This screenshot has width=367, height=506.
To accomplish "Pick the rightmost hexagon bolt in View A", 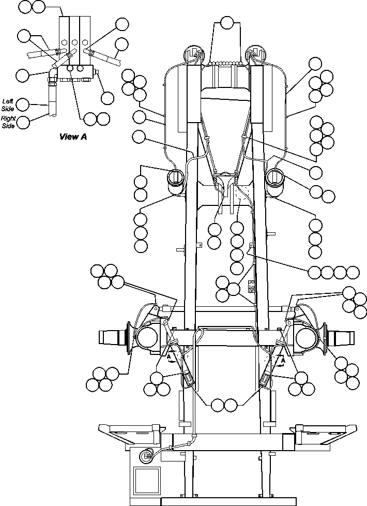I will (86, 41).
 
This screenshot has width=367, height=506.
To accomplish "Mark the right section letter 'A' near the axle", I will (283, 356).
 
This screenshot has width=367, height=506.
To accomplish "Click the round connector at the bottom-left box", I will (146, 456).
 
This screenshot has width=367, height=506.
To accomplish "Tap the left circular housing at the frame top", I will (194, 53).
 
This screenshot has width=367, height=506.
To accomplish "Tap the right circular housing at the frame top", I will (255, 53).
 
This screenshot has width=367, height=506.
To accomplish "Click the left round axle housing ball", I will (146, 339).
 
